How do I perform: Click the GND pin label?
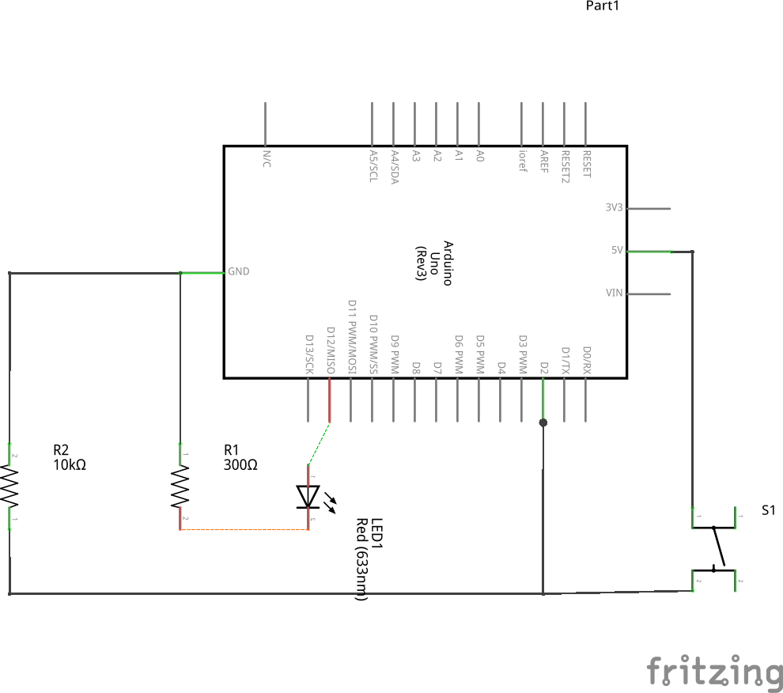(238, 271)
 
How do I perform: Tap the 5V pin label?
(617, 250)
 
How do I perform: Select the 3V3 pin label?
(614, 207)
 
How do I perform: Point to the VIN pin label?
(614, 293)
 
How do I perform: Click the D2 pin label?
(543, 368)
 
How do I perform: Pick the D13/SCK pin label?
(309, 354)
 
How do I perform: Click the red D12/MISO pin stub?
(330, 400)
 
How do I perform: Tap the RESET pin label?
(586, 164)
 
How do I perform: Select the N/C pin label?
(266, 158)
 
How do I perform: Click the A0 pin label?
(479, 156)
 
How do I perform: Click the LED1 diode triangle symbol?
(307, 496)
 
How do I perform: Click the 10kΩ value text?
(70, 465)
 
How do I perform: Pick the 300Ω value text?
(241, 465)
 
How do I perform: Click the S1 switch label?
(769, 510)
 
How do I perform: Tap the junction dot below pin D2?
(543, 422)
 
